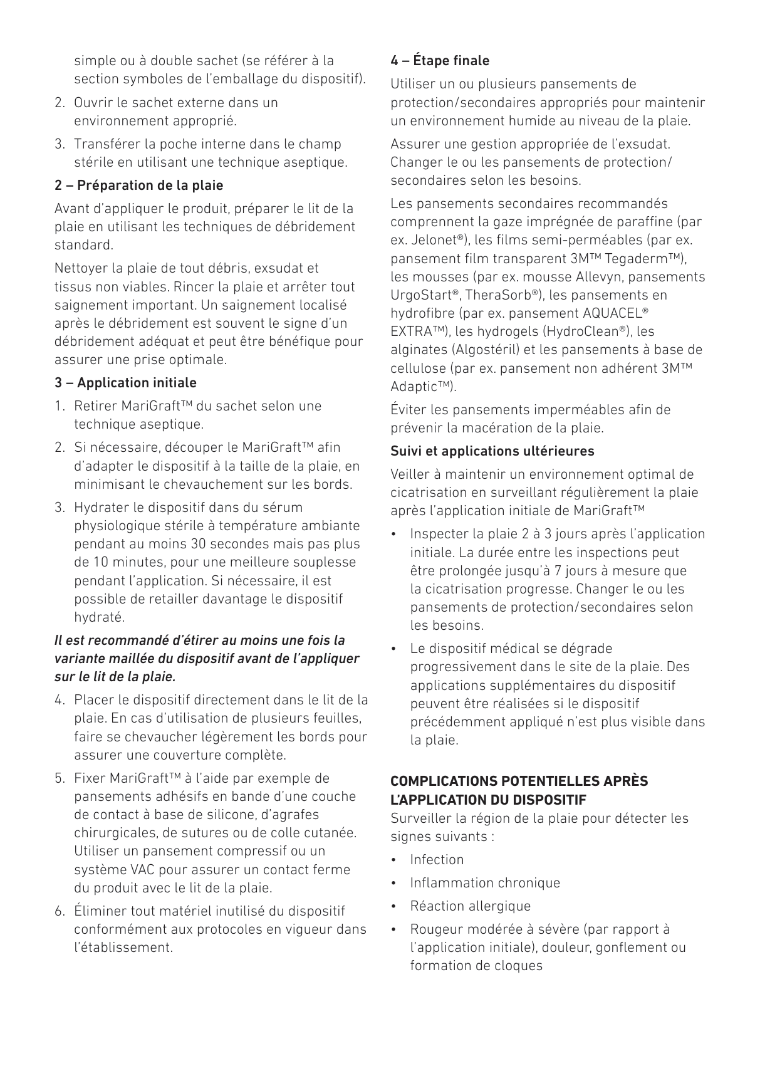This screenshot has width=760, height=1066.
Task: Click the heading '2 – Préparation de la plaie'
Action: (138, 186)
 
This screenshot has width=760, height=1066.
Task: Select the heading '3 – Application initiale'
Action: (125, 383)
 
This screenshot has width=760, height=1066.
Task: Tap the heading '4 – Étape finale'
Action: (440, 61)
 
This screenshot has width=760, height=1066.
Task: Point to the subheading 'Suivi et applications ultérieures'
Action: (492, 451)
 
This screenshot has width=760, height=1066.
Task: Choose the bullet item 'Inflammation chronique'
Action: (485, 883)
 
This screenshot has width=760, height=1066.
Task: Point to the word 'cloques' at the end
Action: (518, 966)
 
